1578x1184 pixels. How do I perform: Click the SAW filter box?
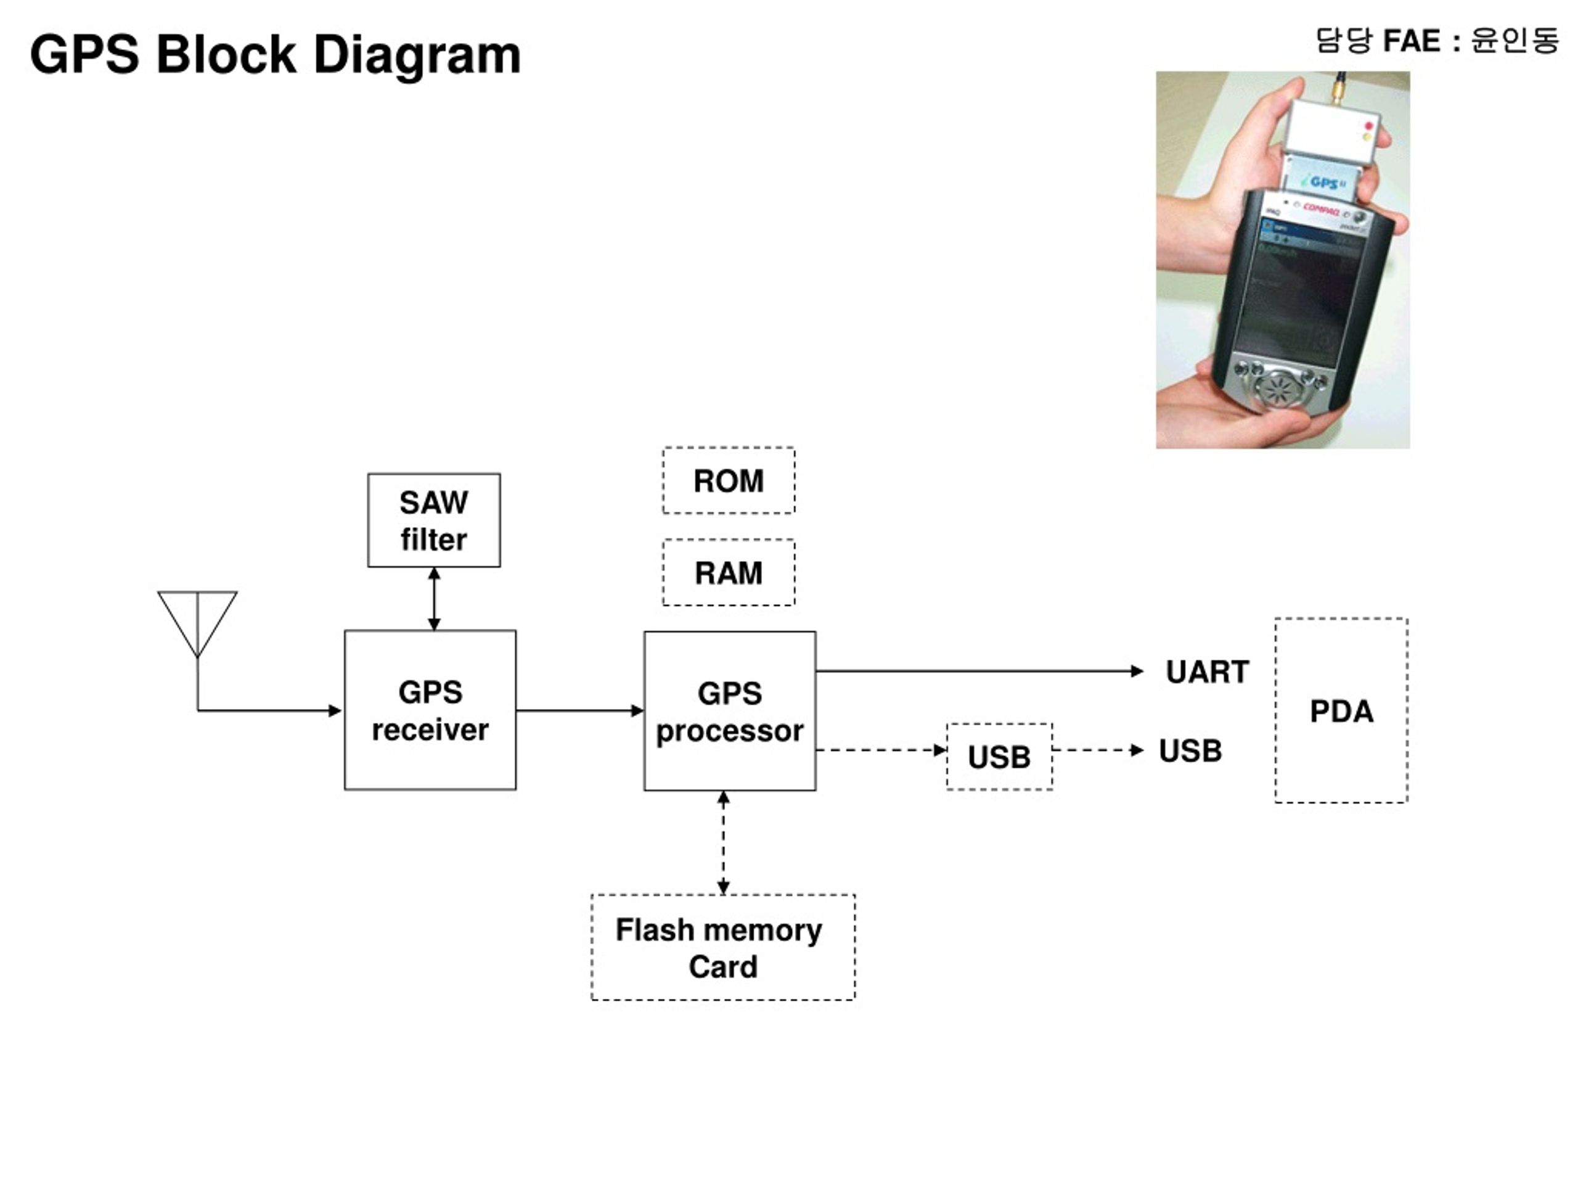pos(434,520)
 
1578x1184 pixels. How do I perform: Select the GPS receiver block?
pos(430,710)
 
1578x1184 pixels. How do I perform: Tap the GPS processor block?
pos(730,711)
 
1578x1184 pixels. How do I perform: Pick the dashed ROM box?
pos(729,480)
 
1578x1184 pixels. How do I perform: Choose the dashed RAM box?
pos(729,572)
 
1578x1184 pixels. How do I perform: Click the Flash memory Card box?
pos(722,947)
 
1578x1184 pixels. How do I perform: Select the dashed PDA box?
pos(1341,711)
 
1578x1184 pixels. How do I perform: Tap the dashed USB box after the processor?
pos(999,757)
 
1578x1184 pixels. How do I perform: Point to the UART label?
pos(1207,672)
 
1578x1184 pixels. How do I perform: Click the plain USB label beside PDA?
pos(1190,751)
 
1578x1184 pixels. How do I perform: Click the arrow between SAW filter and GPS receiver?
pos(434,599)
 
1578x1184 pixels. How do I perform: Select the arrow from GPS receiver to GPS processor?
pos(580,710)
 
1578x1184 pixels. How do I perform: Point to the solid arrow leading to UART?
pos(979,671)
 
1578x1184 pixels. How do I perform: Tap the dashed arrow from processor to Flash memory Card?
pos(724,843)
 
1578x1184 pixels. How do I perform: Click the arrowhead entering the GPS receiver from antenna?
pos(335,710)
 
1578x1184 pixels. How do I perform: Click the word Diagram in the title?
pos(417,55)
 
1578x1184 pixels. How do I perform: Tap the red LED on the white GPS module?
pos(1368,126)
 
